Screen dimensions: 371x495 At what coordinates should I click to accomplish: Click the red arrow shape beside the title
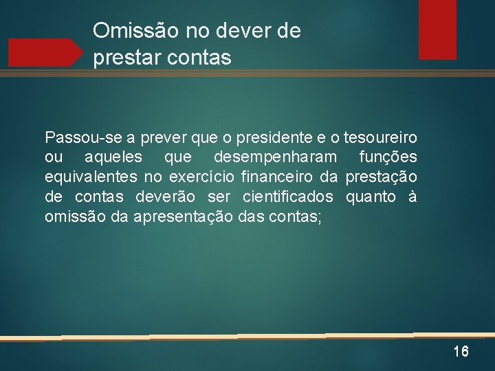coord(45,52)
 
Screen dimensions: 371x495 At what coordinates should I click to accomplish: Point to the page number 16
coord(461,352)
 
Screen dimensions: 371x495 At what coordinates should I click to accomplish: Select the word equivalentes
coord(90,177)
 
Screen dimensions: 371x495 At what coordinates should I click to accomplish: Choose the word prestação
coord(381,177)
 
